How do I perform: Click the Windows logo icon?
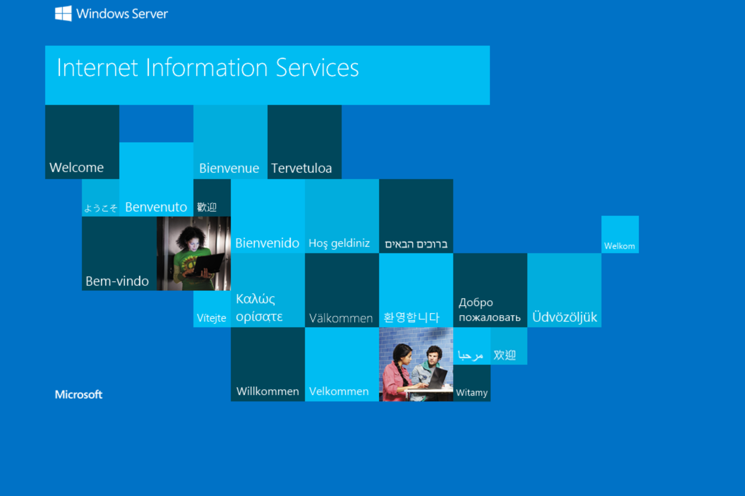(63, 13)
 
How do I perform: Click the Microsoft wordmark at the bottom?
(79, 394)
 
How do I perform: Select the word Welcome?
(77, 168)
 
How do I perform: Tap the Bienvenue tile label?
(229, 168)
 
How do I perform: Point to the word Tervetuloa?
(301, 168)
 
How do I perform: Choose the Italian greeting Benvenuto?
(156, 207)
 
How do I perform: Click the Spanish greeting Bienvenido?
(267, 243)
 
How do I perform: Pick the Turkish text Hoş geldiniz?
(339, 243)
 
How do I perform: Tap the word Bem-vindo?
(117, 281)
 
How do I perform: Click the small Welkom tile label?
(619, 246)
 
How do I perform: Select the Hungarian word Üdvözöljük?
(564, 317)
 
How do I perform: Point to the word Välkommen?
(341, 318)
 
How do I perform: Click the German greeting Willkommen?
(268, 391)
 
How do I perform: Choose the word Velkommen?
(339, 391)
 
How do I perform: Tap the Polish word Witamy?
(472, 392)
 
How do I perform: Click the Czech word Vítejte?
(211, 318)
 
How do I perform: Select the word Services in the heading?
(317, 68)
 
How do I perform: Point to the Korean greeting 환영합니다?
(411, 317)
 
